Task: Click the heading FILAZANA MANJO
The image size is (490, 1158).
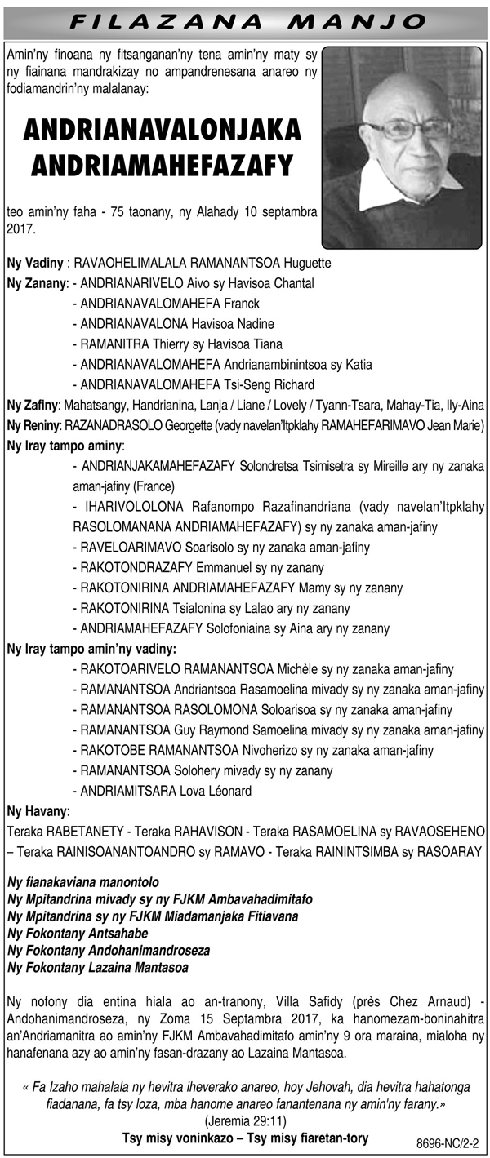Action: (245, 20)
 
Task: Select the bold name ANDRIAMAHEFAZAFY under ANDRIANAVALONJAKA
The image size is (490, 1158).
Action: (162, 166)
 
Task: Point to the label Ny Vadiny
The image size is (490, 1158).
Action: (36, 264)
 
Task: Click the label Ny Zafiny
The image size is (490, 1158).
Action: (33, 405)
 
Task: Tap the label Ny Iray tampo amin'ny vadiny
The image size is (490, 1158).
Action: (91, 649)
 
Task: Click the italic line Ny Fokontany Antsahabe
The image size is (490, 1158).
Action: (78, 934)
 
